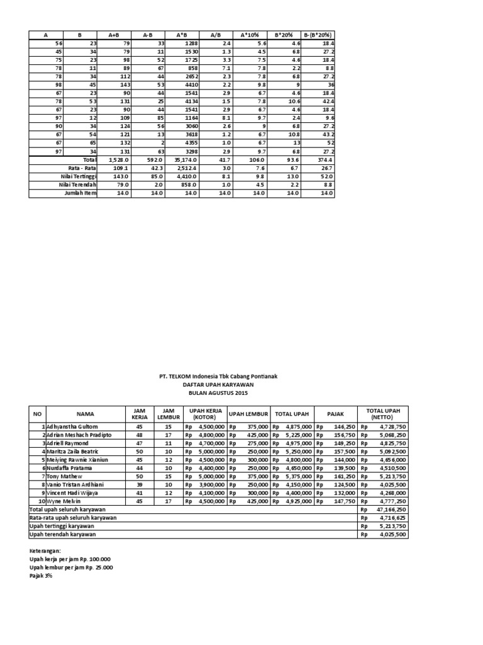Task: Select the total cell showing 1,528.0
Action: click(x=117, y=161)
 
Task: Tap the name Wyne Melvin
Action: click(x=59, y=501)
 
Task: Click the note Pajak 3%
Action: click(x=40, y=574)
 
